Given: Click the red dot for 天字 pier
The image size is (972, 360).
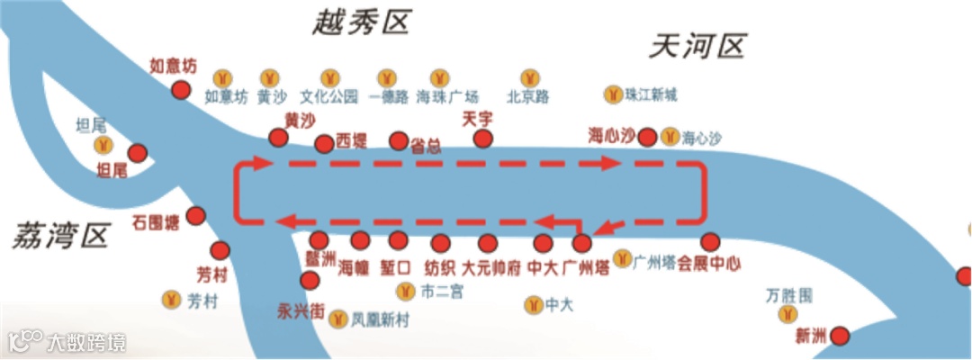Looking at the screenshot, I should coord(483,139).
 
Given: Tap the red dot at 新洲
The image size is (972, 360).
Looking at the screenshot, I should coord(840,337).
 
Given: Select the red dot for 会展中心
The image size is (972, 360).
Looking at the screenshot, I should coord(710,242).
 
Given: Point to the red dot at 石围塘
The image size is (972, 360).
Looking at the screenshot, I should coord(195,217).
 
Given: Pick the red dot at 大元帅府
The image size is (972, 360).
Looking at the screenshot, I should coord(488,243).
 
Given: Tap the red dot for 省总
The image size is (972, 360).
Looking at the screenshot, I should coord(399,141).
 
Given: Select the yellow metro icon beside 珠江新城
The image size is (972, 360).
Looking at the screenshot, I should coord(613,94).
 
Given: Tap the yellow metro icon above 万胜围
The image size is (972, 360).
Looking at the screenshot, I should coord(789,313).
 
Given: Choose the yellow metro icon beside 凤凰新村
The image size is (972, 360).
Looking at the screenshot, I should coord(338,319).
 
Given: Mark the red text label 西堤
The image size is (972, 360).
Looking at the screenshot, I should coord(351,141).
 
